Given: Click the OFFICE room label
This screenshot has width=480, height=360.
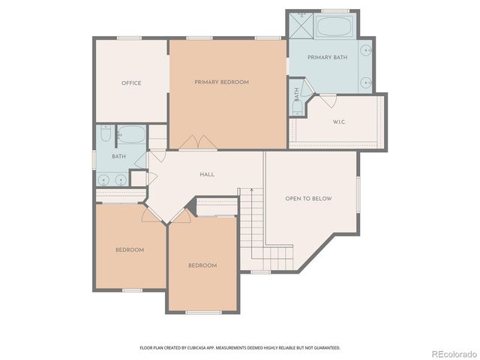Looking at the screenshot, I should coord(131,83).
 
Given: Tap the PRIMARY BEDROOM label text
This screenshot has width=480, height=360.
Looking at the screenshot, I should coord(221,82).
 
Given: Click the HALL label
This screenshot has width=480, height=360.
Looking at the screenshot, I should coord(207,175).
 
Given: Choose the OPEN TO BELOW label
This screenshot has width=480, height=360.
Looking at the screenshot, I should coord(308,199).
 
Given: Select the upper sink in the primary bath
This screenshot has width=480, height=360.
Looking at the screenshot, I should coord(366,51).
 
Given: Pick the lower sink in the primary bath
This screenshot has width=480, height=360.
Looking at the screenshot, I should coord(366,82).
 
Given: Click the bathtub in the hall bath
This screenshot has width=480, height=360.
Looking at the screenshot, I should coord(132,135).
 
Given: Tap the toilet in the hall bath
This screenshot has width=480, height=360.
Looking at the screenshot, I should coord(105,136).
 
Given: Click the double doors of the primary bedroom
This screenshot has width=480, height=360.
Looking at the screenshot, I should coord(199,142).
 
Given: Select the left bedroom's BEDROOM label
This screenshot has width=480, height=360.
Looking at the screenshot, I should coord(129,250).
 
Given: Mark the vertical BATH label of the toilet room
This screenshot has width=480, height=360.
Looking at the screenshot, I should coord(297,95).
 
